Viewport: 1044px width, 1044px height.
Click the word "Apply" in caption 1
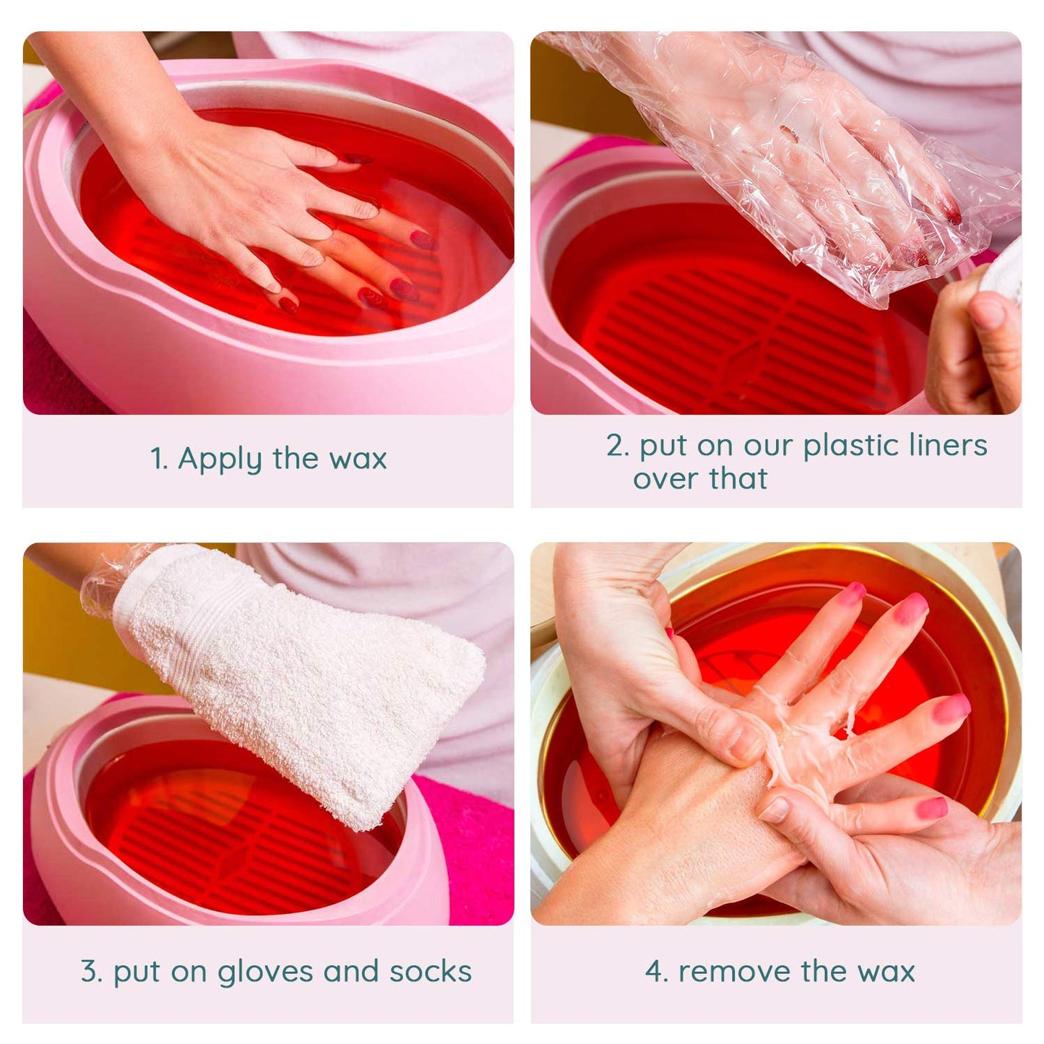pyautogui.click(x=220, y=460)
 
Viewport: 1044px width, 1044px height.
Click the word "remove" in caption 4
pyautogui.click(x=733, y=972)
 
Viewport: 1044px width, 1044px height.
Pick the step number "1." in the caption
pyautogui.click(x=159, y=460)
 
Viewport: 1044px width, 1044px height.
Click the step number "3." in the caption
pyautogui.click(x=92, y=972)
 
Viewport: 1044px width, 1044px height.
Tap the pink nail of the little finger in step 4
pyautogui.click(x=932, y=808)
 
